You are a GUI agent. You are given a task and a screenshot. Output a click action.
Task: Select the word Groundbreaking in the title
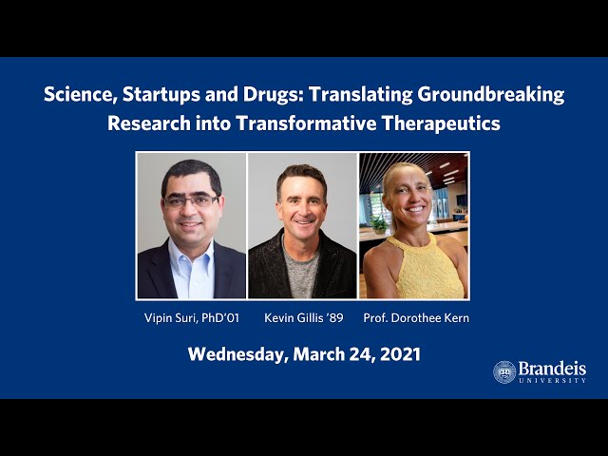click(490, 95)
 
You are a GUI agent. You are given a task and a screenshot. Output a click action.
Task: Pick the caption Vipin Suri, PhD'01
click(192, 318)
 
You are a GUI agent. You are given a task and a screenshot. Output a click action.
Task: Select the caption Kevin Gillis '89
click(304, 318)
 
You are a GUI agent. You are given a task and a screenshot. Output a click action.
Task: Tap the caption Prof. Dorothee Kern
click(416, 318)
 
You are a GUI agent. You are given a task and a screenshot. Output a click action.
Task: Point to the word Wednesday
click(237, 354)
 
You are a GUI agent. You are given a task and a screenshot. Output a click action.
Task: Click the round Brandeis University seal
click(504, 371)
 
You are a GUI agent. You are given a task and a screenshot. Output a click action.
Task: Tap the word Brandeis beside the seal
click(552, 368)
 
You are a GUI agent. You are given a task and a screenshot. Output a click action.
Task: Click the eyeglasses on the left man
click(191, 201)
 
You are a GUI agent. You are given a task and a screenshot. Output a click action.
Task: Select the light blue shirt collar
click(191, 256)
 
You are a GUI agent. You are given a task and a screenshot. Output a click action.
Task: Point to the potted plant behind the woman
click(378, 224)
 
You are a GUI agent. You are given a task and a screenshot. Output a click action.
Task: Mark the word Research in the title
click(149, 123)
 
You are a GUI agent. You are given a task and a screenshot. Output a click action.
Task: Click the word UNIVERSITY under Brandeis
click(553, 381)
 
